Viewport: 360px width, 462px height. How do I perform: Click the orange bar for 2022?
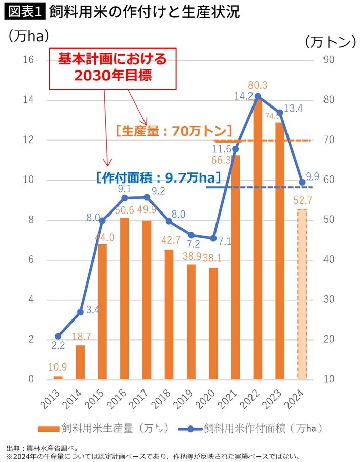[258, 238]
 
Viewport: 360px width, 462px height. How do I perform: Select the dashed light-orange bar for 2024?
[302, 294]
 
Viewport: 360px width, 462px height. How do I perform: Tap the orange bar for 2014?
[80, 362]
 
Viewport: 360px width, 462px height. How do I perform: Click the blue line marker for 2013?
[58, 336]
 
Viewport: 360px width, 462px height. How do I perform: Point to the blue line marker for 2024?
[302, 182]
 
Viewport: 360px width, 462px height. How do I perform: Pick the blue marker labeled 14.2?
[258, 96]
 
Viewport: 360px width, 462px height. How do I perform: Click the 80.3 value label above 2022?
[258, 85]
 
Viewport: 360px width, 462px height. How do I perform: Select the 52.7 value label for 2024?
[302, 201]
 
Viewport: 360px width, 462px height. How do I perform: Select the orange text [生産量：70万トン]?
[173, 131]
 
